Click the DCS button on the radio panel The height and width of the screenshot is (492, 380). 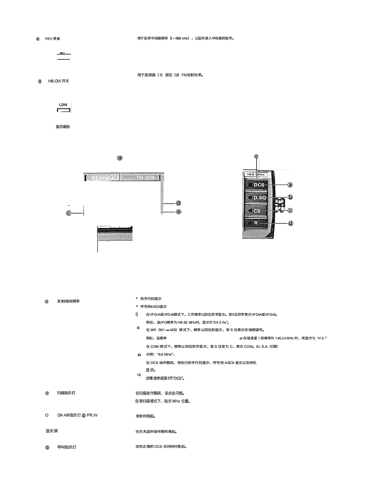(258, 185)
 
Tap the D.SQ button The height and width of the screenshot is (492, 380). (259, 198)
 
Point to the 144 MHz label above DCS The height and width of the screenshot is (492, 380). (256, 175)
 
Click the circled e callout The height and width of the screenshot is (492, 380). (178, 211)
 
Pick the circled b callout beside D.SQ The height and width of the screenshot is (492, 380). (290, 197)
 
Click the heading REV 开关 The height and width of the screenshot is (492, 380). (53, 39)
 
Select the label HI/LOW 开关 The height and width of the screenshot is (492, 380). (58, 82)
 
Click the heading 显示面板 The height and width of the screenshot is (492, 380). (63, 127)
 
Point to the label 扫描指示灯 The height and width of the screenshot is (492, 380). (66, 393)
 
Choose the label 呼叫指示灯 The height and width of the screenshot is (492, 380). (66, 448)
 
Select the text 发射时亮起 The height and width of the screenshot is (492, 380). (145, 416)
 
